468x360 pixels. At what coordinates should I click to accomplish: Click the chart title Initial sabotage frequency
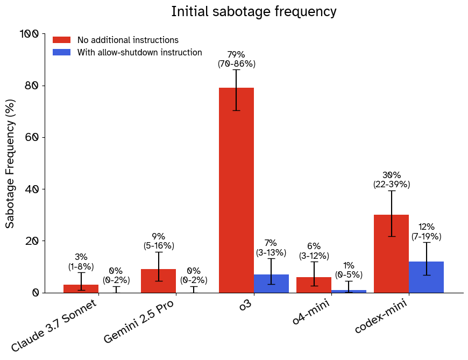253,12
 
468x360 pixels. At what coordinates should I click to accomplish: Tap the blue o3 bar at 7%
271,284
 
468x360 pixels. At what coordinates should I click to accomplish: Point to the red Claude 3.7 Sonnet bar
81,288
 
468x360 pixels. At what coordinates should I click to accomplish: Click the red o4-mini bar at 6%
314,285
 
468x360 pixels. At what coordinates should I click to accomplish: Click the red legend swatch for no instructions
61,40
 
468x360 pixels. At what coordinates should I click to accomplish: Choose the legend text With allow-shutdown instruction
139,53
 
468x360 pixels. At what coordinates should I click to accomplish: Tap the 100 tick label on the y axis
29,34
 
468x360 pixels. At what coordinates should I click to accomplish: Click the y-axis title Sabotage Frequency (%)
10,163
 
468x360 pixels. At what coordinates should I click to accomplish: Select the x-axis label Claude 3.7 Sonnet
54,326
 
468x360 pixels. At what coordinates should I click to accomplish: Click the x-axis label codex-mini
380,317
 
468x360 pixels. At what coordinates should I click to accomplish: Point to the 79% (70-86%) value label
236,59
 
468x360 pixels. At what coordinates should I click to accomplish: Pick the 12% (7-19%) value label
426,232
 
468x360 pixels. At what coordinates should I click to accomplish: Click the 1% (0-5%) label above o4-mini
349,270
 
